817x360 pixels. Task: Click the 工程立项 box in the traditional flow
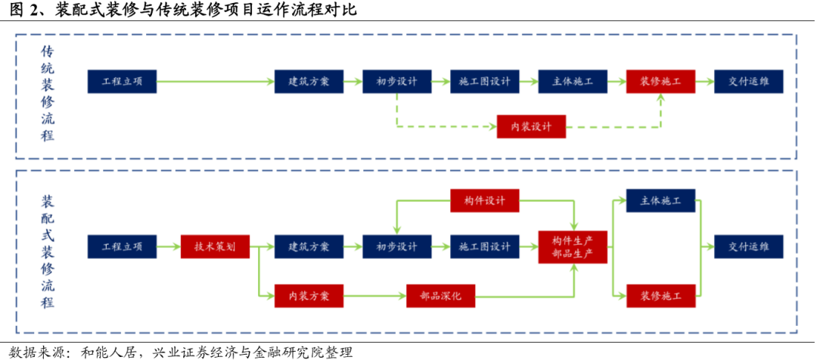pyautogui.click(x=122, y=82)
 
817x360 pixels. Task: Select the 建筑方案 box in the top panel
pyautogui.click(x=309, y=82)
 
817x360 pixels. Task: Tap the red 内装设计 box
pyautogui.click(x=531, y=126)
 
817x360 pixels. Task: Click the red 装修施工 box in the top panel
pyautogui.click(x=660, y=82)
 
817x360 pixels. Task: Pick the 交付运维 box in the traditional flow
pyautogui.click(x=749, y=82)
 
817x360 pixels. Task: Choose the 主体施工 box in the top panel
pyautogui.click(x=573, y=82)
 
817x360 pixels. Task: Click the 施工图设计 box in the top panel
pyautogui.click(x=485, y=82)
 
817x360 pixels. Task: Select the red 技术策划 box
pyautogui.click(x=216, y=247)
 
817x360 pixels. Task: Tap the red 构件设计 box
pyautogui.click(x=485, y=200)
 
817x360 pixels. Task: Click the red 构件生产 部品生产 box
pyautogui.click(x=573, y=247)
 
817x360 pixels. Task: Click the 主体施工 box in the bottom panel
pyautogui.click(x=660, y=200)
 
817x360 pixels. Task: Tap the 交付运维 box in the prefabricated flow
pyautogui.click(x=749, y=247)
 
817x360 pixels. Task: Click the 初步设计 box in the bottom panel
pyautogui.click(x=397, y=247)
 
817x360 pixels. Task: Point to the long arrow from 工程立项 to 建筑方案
pyautogui.click(x=216, y=82)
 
